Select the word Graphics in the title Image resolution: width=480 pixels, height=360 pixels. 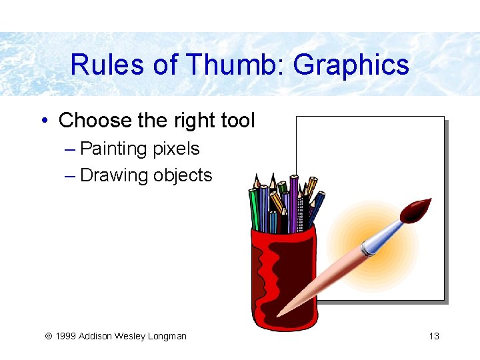click(351, 65)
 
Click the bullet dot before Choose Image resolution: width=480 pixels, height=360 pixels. click(43, 121)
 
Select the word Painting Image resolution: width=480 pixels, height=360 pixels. click(114, 149)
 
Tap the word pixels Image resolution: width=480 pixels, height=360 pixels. click(176, 149)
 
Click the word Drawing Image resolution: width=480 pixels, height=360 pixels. click(114, 175)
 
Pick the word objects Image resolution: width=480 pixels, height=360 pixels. click(183, 175)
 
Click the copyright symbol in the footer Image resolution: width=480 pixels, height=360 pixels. click(48, 336)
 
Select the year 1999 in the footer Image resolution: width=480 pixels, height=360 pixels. click(65, 336)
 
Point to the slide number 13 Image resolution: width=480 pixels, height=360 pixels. click(434, 336)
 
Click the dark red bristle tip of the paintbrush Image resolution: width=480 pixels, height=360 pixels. click(417, 211)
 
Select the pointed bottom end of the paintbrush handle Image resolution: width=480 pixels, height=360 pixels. click(280, 313)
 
